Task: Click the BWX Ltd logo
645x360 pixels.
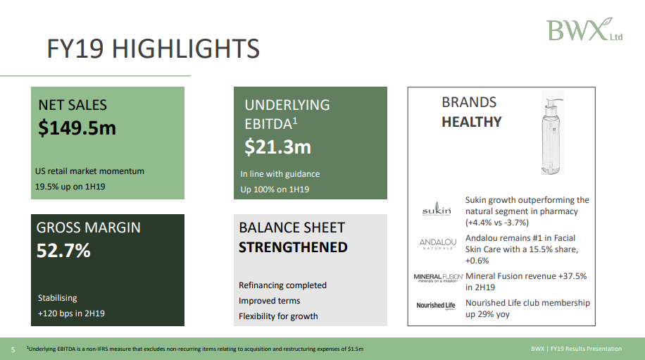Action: click(x=584, y=30)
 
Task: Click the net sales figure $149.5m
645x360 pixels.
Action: click(x=77, y=128)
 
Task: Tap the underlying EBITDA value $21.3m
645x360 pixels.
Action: click(x=277, y=147)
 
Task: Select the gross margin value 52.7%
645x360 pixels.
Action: click(x=63, y=251)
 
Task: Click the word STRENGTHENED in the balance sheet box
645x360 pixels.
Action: click(x=293, y=247)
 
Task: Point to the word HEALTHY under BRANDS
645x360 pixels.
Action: click(x=471, y=122)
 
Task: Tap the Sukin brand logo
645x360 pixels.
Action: click(x=437, y=209)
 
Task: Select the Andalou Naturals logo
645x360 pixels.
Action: click(x=438, y=244)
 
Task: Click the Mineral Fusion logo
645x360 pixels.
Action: click(x=438, y=278)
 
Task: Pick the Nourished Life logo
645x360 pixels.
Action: click(x=436, y=305)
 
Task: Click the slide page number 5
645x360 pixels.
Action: click(x=13, y=349)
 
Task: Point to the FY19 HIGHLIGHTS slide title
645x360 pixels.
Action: click(x=153, y=49)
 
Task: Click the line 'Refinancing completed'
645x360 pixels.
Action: click(x=282, y=285)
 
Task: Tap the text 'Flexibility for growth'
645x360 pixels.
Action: click(x=278, y=316)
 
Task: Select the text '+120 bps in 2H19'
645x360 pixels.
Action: click(x=71, y=313)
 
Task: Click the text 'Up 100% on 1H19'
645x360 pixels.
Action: click(x=275, y=190)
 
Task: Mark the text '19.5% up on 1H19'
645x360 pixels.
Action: click(x=70, y=187)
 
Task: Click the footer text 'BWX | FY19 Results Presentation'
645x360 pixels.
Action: click(x=576, y=349)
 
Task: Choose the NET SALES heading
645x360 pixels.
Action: click(x=73, y=105)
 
